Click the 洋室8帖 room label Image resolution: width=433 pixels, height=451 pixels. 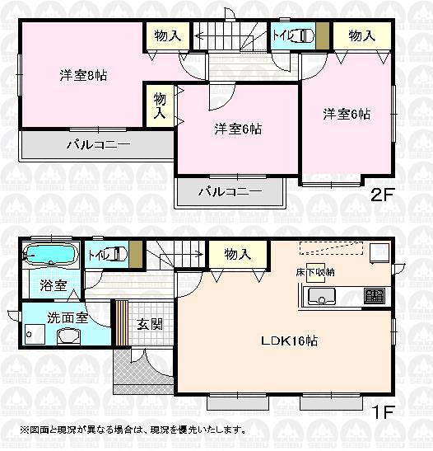[83, 75]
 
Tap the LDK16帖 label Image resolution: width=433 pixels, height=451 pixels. [279, 341]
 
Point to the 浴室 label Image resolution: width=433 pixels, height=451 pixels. [53, 286]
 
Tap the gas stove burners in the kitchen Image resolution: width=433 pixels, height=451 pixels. [375, 294]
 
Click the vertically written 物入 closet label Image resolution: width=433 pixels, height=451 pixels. [160, 106]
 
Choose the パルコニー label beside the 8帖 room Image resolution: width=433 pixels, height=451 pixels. [99, 143]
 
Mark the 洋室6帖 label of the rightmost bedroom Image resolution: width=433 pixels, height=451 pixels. [347, 114]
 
